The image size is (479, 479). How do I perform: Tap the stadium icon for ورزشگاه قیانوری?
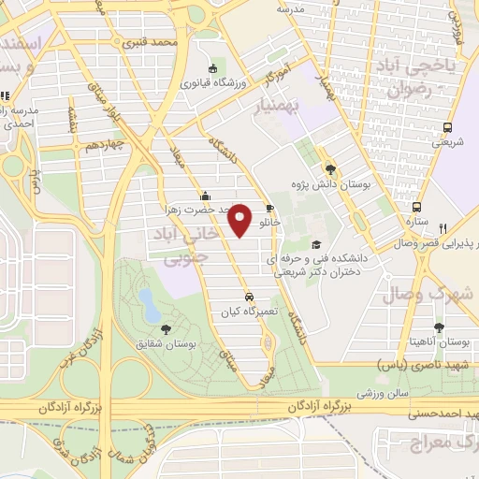tap(212, 68)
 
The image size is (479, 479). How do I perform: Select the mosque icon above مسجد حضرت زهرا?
tap(205, 196)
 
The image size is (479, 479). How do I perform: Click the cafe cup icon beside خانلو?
tap(270, 209)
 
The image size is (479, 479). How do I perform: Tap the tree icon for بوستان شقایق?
tap(167, 328)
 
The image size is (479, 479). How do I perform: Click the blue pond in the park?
tap(147, 300)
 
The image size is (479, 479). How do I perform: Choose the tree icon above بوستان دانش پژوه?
tap(330, 168)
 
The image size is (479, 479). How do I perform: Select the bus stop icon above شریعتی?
tap(447, 127)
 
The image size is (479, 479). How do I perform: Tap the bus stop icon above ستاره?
tap(418, 208)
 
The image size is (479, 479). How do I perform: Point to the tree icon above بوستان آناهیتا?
tap(439, 327)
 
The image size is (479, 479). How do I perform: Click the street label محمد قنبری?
tap(153, 43)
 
